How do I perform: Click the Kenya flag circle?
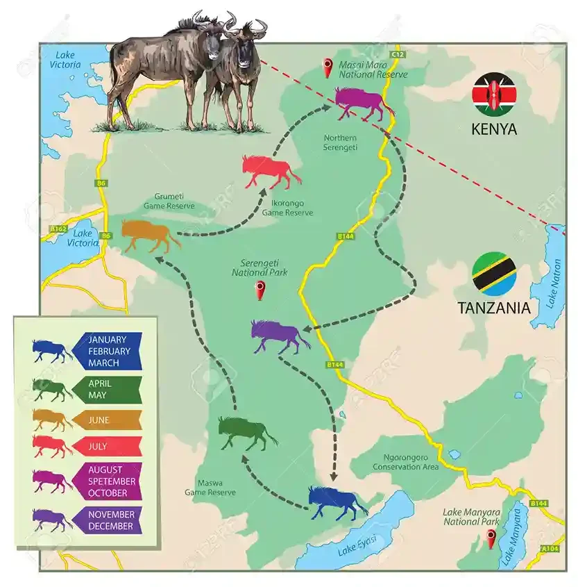494,94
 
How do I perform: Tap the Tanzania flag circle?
493,274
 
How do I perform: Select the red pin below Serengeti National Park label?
261,290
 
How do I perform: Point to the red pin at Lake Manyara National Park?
491,537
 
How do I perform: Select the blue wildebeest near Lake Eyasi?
337,502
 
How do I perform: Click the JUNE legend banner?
107,420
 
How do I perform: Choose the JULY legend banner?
107,445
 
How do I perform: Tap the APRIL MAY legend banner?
107,389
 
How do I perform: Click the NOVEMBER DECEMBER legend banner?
108,520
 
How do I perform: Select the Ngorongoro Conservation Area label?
410,462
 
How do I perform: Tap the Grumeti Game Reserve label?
169,201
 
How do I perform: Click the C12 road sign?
397,53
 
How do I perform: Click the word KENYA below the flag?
494,129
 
